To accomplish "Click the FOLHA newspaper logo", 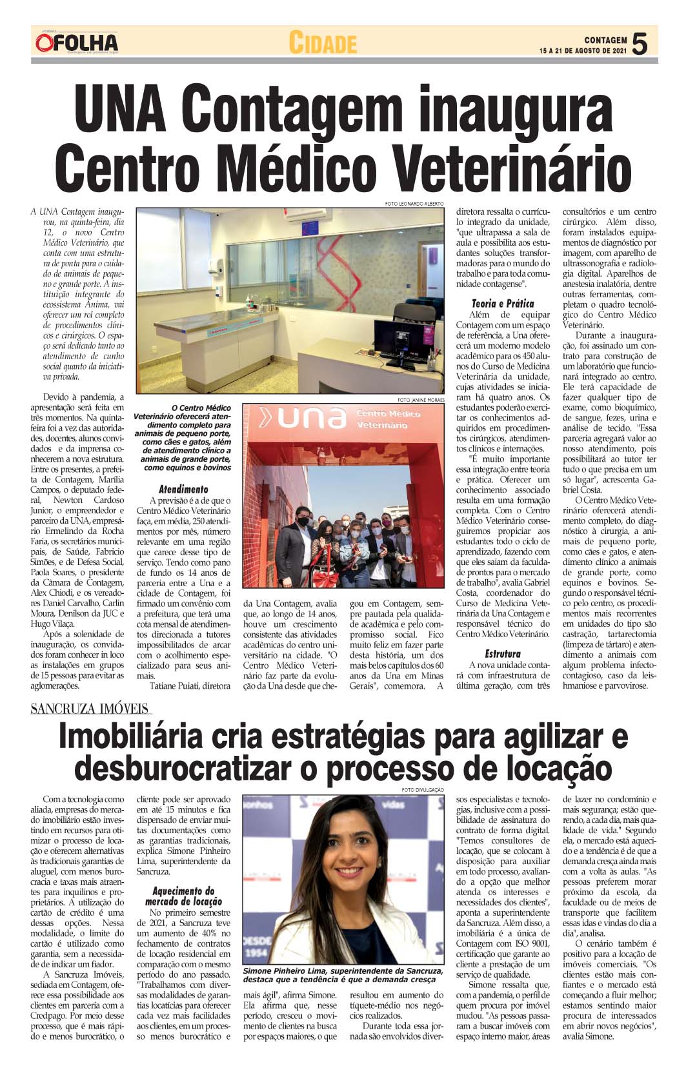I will pos(77,43).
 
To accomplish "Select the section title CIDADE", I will pos(323,43).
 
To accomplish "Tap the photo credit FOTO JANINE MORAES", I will pos(421,400).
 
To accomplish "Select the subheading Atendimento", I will pos(183,489).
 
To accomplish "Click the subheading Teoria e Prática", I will pos(503,303).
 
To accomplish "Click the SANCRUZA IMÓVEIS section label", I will pos(90,709).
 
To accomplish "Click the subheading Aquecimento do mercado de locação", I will pos(183,896).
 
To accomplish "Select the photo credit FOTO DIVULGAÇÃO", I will pos(423,790).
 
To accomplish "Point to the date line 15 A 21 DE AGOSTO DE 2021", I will pos(583,50).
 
